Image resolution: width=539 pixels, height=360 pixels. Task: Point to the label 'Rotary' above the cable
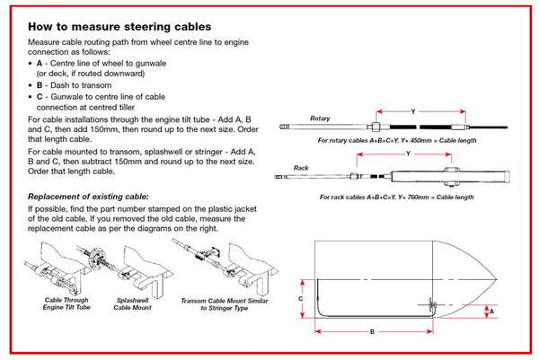(320, 119)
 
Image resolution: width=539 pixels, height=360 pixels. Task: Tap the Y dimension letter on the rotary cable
(411, 112)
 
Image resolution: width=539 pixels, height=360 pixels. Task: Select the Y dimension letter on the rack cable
(408, 154)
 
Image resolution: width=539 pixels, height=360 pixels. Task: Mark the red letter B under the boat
(371, 332)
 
